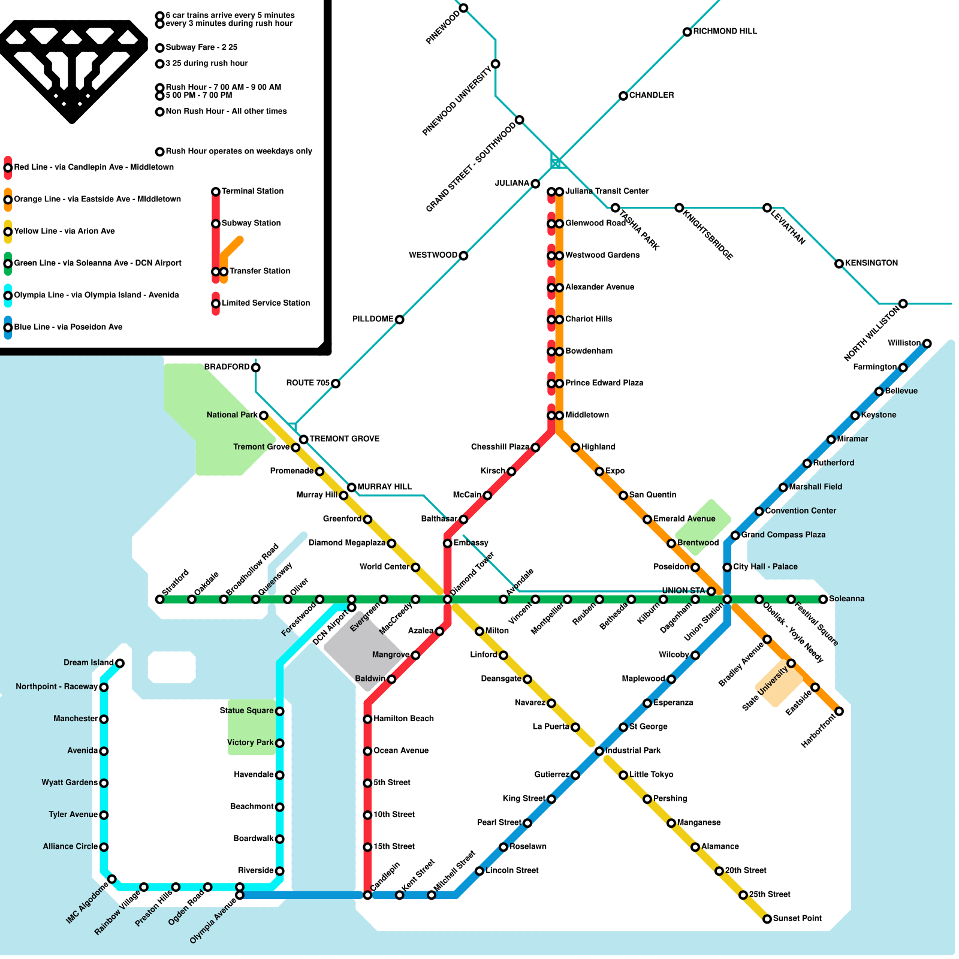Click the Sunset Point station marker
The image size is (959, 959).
767,919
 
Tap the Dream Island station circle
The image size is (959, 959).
120,663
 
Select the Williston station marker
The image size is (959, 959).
927,343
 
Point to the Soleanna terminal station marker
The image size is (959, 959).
824,599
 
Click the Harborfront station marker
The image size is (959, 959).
839,711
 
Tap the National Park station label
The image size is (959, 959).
232,415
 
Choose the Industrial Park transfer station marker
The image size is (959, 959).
599,751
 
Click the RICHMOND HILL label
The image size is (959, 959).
725,31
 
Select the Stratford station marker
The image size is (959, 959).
159,599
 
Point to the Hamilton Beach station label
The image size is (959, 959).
403,719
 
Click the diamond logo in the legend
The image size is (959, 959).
72,69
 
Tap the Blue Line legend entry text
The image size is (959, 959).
68,327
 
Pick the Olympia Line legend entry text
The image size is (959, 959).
96,295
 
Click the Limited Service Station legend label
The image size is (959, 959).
266,303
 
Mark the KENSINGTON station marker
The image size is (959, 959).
839,264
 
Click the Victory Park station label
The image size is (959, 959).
250,743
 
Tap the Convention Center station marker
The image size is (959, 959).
759,511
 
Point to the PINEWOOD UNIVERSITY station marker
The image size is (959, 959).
496,64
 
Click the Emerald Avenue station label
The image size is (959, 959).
684,519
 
